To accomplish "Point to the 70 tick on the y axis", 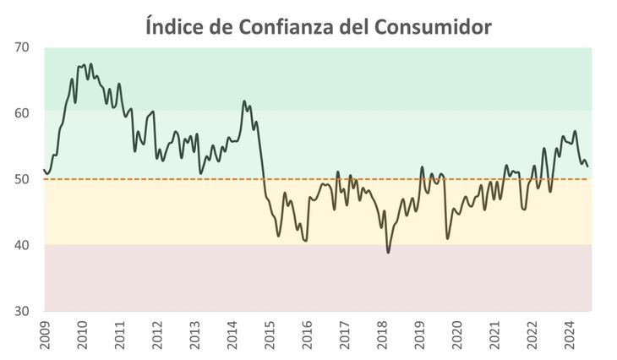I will (22, 46).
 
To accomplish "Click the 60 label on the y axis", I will (22, 112).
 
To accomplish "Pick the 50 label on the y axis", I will (22, 179).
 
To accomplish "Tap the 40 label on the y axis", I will (22, 245).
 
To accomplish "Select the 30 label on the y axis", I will (22, 311).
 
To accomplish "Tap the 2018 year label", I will (381, 335).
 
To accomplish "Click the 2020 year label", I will (456, 335).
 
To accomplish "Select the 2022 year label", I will (532, 335).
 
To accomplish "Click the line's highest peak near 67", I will (90, 64).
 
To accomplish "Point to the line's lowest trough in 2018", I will (388, 252).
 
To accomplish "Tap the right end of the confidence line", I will (588, 166).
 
